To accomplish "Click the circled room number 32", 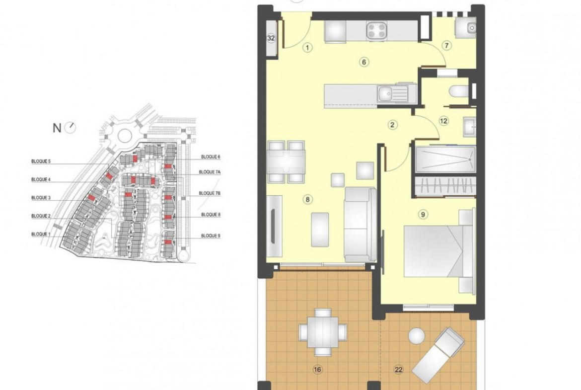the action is [271, 38].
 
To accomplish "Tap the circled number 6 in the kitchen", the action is [364, 62].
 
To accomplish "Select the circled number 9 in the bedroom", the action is [423, 214].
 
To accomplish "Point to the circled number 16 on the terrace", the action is [317, 369].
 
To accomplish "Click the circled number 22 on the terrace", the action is [399, 369].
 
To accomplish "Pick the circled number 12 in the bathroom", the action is [443, 121].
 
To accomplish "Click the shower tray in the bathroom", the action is [445, 159].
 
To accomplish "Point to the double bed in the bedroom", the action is [438, 251].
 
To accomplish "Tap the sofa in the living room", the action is [360, 225].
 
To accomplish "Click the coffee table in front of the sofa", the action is [320, 230].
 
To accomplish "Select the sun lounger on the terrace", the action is [438, 355].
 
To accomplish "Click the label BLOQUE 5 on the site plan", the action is [41, 161].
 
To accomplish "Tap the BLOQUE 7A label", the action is [210, 172].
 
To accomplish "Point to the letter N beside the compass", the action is [57, 128].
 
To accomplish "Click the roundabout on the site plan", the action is [124, 135].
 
